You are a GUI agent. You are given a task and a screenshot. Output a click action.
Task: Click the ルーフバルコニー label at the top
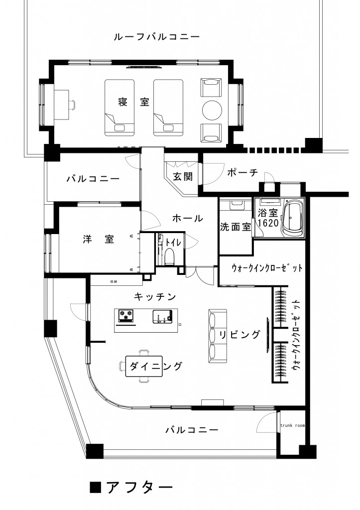pyautogui.click(x=157, y=37)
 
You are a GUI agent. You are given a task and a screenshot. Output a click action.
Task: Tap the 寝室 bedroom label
pyautogui.click(x=134, y=102)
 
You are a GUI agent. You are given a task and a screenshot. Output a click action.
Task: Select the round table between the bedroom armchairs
pyautogui.click(x=211, y=110)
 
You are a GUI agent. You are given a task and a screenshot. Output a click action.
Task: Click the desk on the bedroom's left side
pyautogui.click(x=61, y=104)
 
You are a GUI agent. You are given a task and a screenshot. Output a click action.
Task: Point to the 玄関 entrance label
pyautogui.click(x=183, y=176)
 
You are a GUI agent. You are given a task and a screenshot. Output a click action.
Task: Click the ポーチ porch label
pyautogui.click(x=242, y=172)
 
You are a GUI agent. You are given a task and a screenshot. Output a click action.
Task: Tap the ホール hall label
pyautogui.click(x=187, y=218)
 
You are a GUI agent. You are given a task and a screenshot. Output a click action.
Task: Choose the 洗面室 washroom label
pyautogui.click(x=235, y=227)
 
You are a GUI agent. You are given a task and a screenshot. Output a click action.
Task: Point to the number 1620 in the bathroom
pyautogui.click(x=267, y=224)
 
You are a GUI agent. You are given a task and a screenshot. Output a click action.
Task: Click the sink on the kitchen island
pyautogui.click(x=161, y=316)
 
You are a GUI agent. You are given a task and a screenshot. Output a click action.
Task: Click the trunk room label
pyautogui.click(x=292, y=426)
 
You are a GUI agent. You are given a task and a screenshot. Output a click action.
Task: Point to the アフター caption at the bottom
pyautogui.click(x=139, y=487)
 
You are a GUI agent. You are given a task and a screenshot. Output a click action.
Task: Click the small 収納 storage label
pyautogui.click(x=114, y=281)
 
